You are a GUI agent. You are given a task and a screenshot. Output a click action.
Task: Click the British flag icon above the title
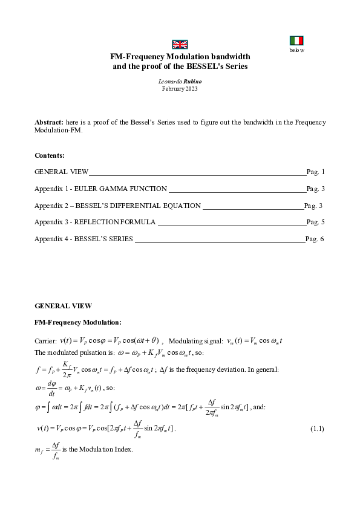tap(180, 44)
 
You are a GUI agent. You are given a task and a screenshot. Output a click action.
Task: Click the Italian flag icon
tap(296, 41)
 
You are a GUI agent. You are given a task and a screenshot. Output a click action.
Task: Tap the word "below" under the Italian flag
tap(296, 50)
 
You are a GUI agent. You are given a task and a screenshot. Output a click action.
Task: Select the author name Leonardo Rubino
tap(180, 81)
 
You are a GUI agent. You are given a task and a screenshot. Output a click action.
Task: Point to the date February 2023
tap(180, 88)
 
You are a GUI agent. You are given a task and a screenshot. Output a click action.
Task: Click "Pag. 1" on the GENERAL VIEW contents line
tap(316, 172)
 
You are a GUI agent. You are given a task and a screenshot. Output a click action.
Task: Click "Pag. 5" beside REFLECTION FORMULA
tap(316, 222)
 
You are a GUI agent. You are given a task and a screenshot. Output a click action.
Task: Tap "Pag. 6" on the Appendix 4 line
tap(315, 239)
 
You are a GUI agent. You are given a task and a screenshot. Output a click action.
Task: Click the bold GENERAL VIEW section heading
tap(64, 306)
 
